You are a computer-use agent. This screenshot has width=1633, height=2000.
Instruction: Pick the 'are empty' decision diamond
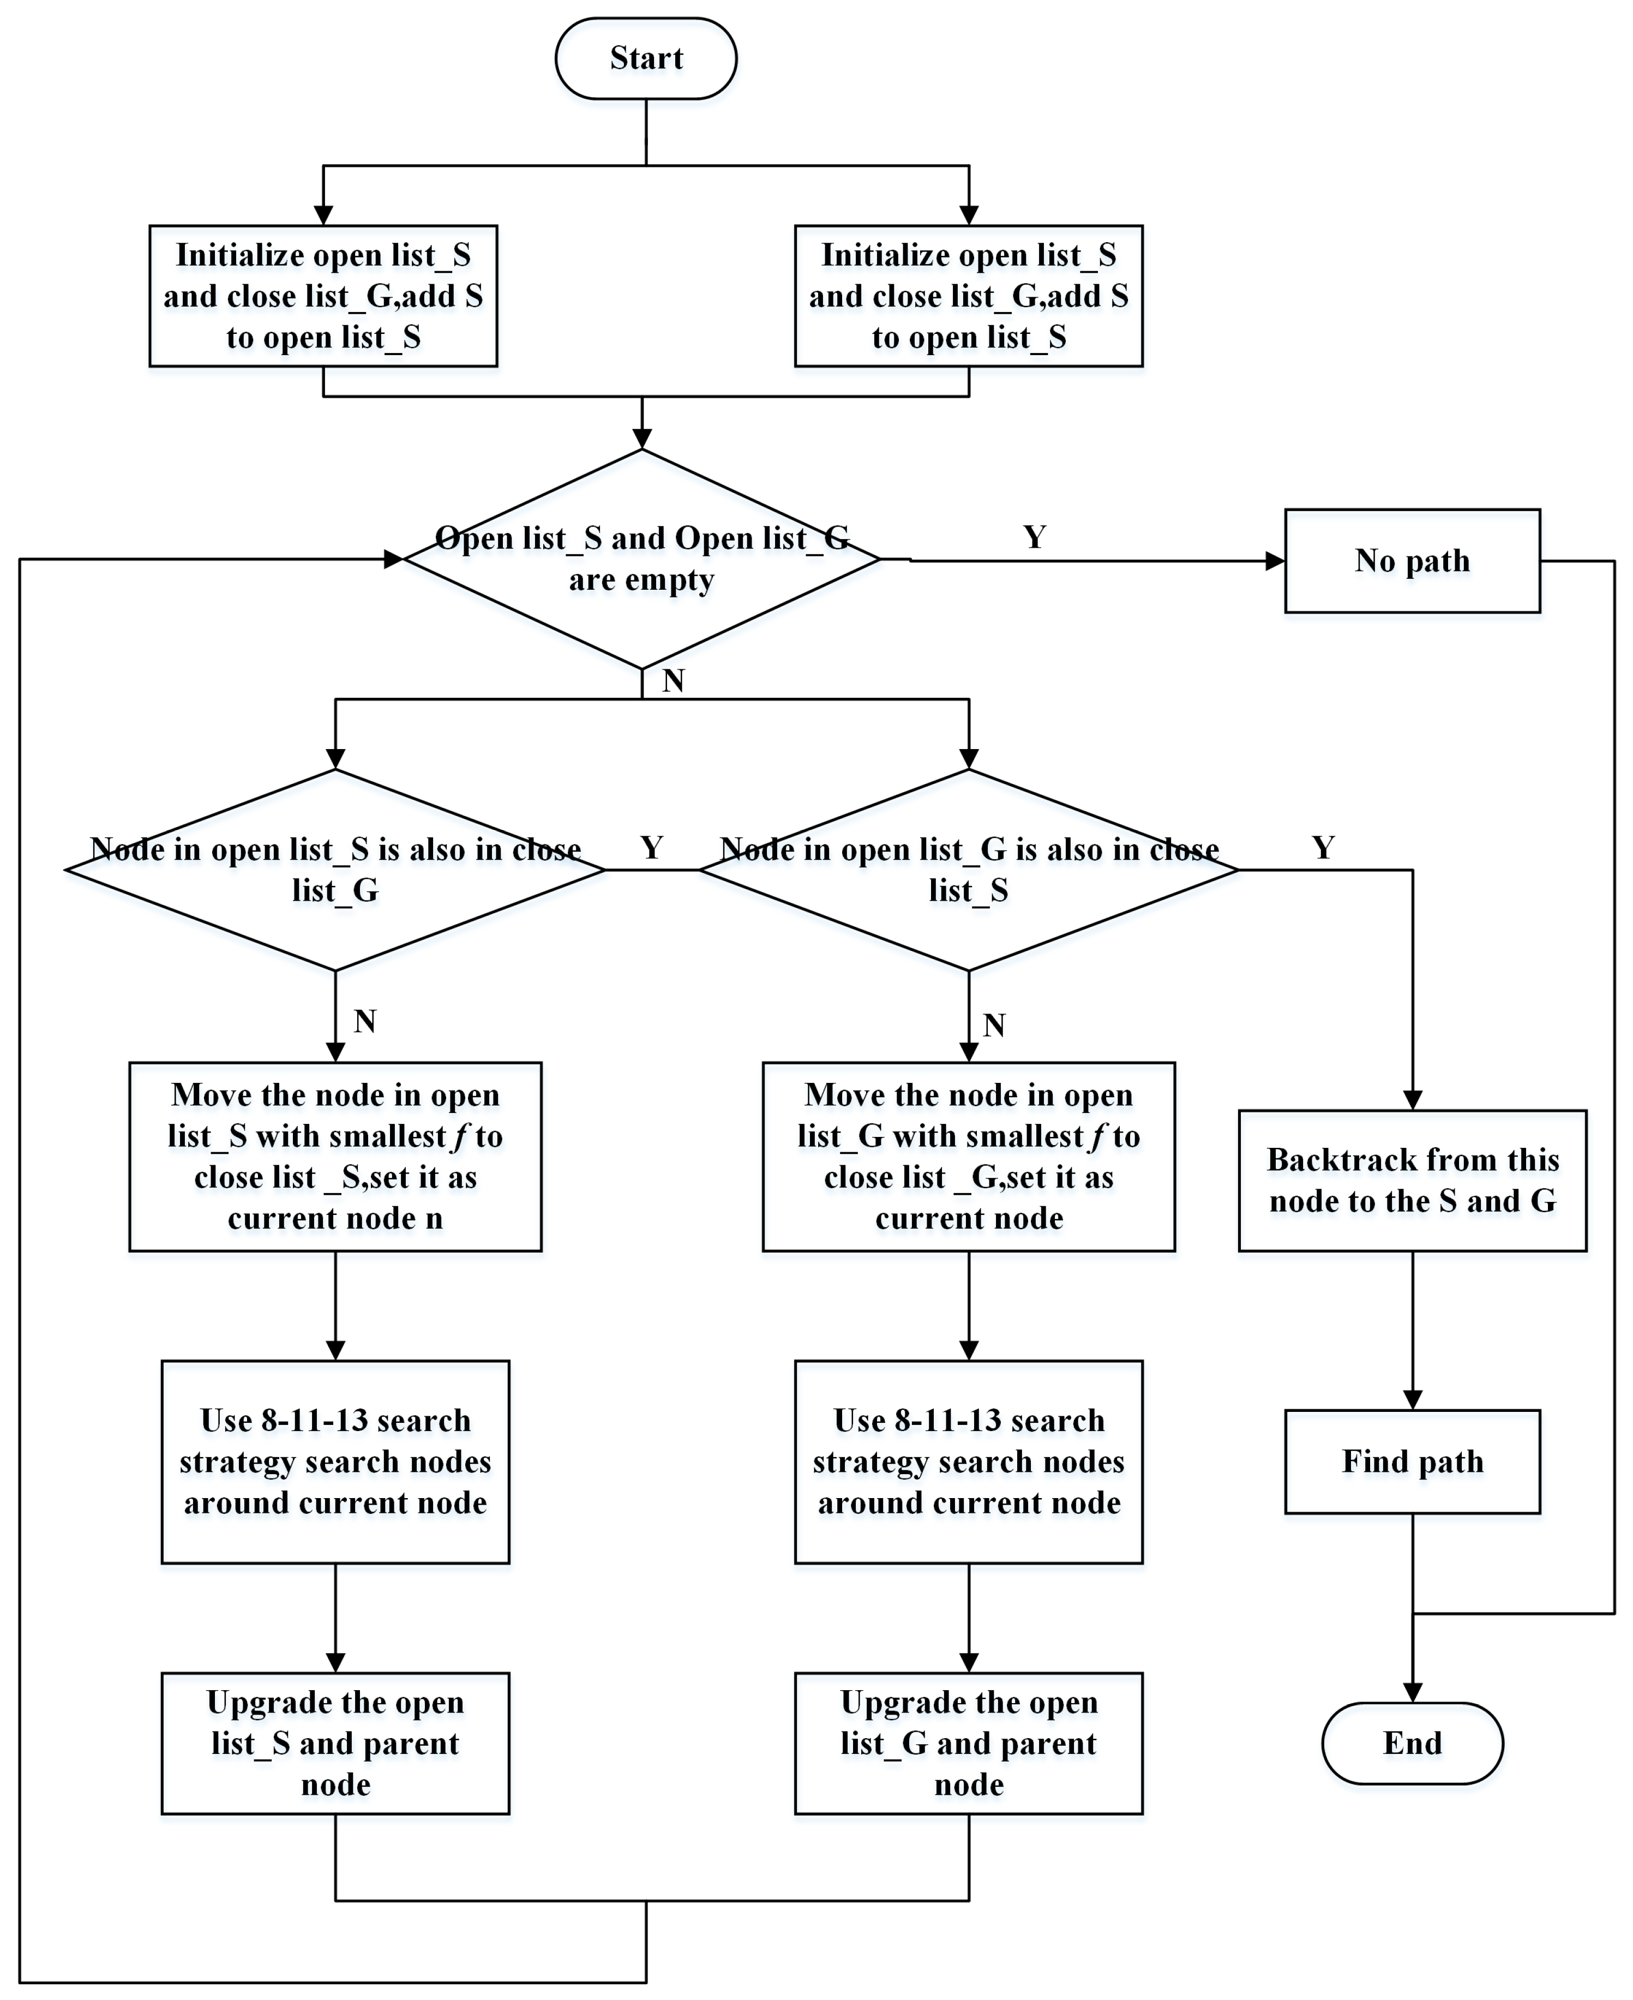pyautogui.click(x=641, y=559)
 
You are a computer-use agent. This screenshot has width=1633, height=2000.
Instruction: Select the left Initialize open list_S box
pyautogui.click(x=323, y=295)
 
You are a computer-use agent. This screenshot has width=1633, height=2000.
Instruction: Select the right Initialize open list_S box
pyautogui.click(x=968, y=295)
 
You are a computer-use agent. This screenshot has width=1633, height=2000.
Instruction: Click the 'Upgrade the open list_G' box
pyautogui.click(x=968, y=1743)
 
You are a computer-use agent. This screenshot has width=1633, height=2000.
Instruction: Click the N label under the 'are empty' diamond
pyautogui.click(x=673, y=680)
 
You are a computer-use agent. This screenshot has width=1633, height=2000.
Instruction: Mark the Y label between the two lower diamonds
pyautogui.click(x=651, y=848)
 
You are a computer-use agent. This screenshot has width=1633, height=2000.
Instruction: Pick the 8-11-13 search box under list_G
pyautogui.click(x=968, y=1461)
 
